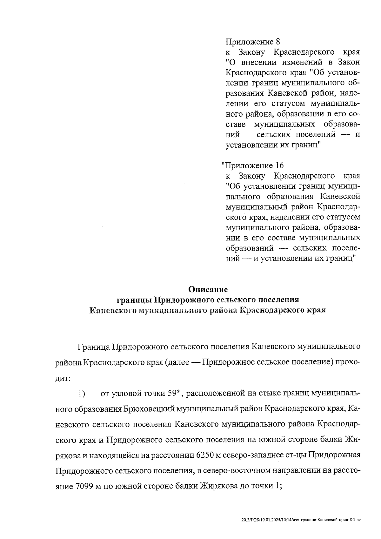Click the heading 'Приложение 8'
pos(253,42)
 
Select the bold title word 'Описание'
pos(208,289)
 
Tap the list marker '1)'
pos(82,394)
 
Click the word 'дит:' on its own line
pos(62,378)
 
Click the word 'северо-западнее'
pos(253,455)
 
